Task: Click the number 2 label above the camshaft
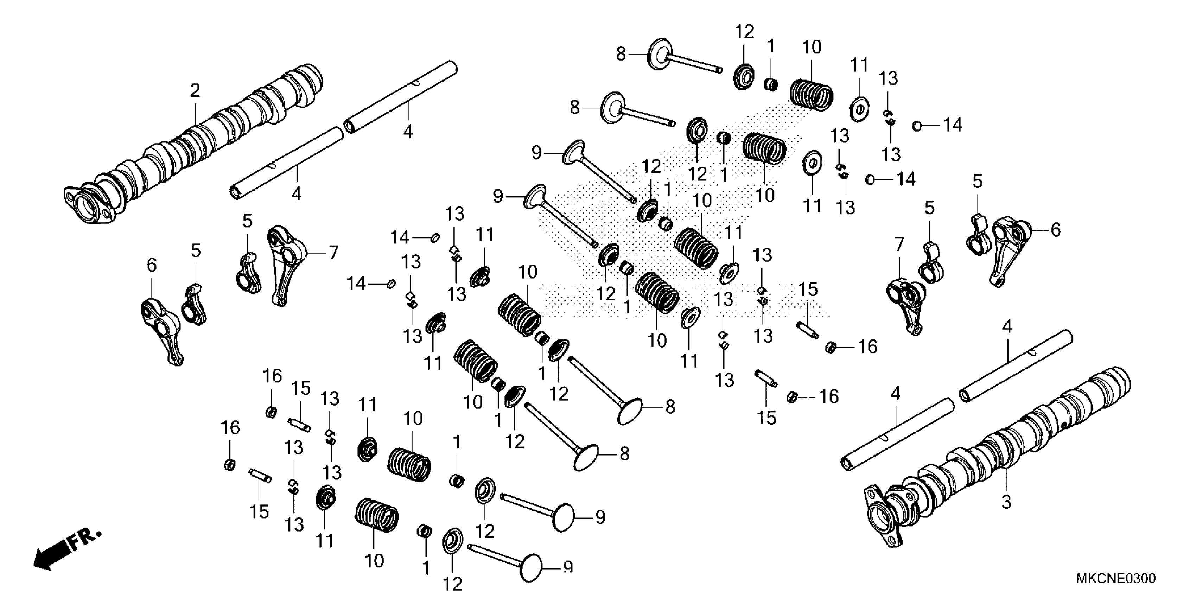pyautogui.click(x=195, y=90)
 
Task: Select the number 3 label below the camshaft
pyautogui.click(x=1006, y=502)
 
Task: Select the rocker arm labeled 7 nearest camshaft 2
pyautogui.click(x=286, y=265)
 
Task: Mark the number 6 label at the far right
pyautogui.click(x=1055, y=229)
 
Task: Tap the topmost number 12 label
pyautogui.click(x=744, y=32)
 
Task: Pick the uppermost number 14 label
pyautogui.click(x=953, y=125)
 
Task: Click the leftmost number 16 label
pyautogui.click(x=230, y=428)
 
